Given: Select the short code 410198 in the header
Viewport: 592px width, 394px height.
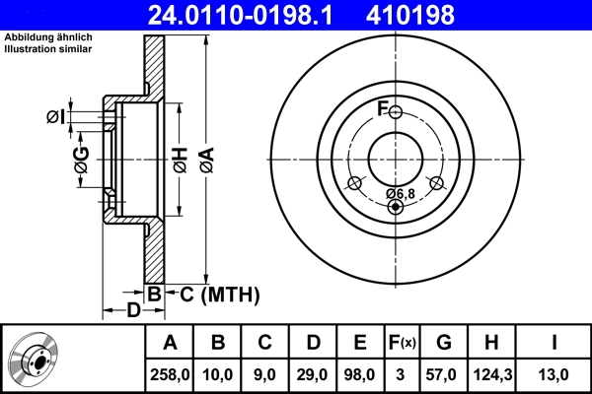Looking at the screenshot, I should coord(438,15).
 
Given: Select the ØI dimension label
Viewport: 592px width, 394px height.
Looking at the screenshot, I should coord(56,117).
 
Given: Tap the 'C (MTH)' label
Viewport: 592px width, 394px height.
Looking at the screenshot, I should coord(213,294).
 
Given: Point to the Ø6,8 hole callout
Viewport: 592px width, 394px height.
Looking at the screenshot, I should coord(400,192).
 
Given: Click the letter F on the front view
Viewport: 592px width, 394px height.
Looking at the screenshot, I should coord(383,107).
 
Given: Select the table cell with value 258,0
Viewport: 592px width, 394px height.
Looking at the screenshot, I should coord(170,374).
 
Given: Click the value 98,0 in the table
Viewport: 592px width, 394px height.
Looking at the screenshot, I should coord(360,374).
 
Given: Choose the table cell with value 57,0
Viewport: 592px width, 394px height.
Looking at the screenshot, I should coord(444,374).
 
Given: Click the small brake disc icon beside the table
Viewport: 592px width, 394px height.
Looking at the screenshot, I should coord(35,359).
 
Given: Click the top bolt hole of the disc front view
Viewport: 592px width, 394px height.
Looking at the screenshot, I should coord(396,112).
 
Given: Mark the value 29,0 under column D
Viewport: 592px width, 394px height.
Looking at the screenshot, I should coord(313,374).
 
